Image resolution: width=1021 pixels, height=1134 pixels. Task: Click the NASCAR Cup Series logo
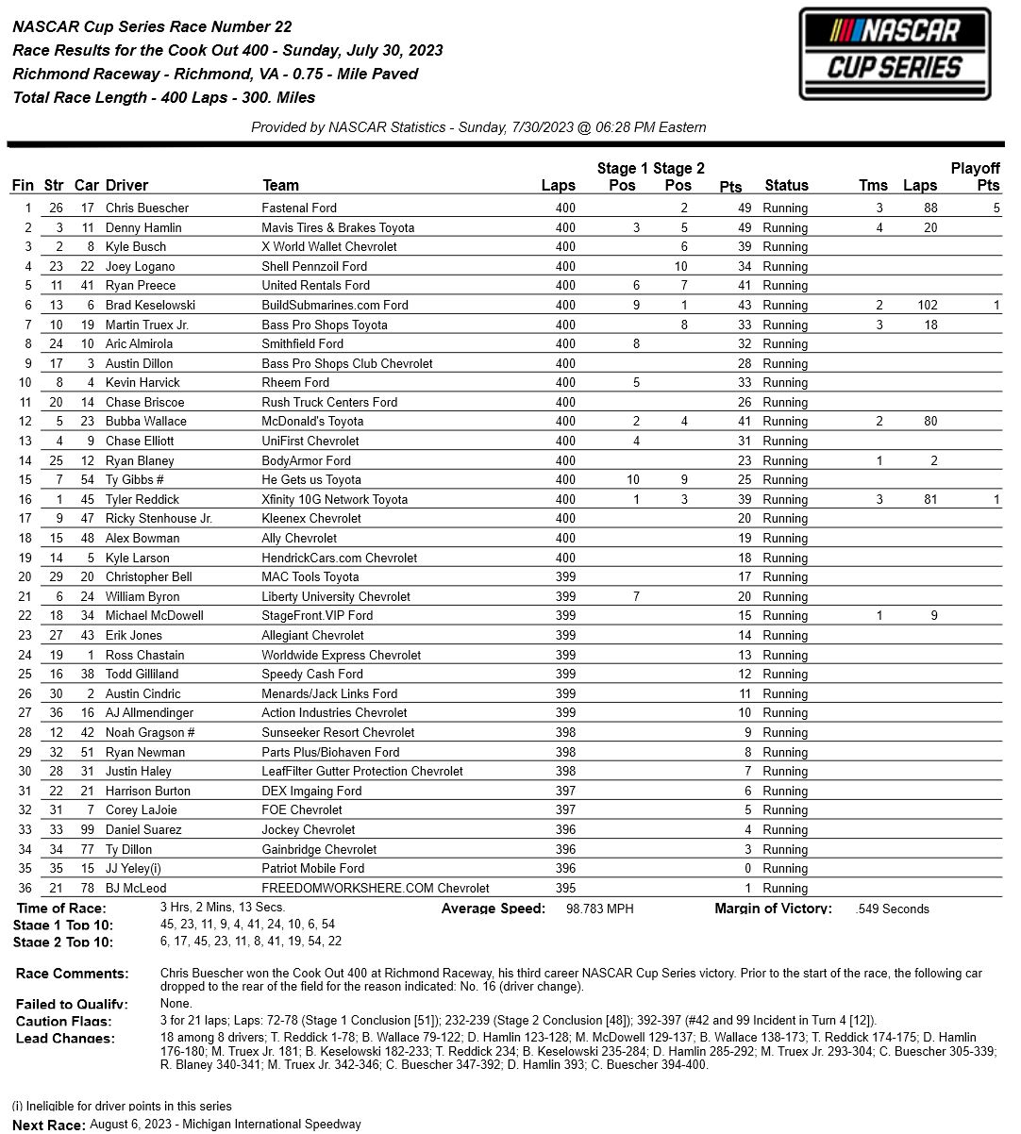(895, 54)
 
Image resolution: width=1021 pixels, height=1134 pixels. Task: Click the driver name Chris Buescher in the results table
(146, 208)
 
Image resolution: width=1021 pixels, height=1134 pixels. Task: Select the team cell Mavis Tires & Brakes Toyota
(338, 227)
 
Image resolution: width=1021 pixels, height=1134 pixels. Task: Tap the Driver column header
(126, 186)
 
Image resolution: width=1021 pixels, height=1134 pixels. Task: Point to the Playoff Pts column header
(975, 176)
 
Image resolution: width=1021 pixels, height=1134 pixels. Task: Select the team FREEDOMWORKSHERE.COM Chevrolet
(375, 888)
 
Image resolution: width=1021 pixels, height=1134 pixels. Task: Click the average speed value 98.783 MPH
(599, 909)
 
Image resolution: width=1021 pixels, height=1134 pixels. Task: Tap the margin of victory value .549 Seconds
(892, 909)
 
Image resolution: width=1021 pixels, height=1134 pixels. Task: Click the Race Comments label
(72, 974)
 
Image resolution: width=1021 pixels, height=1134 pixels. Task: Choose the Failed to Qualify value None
(176, 1004)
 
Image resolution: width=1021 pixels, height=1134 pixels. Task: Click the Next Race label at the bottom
(48, 1125)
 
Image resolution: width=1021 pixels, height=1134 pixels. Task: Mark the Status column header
(786, 186)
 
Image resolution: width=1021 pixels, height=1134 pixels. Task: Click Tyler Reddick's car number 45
(89, 499)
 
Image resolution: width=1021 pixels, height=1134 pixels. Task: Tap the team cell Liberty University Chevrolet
(335, 596)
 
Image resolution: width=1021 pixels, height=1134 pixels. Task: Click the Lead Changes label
(65, 1039)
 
